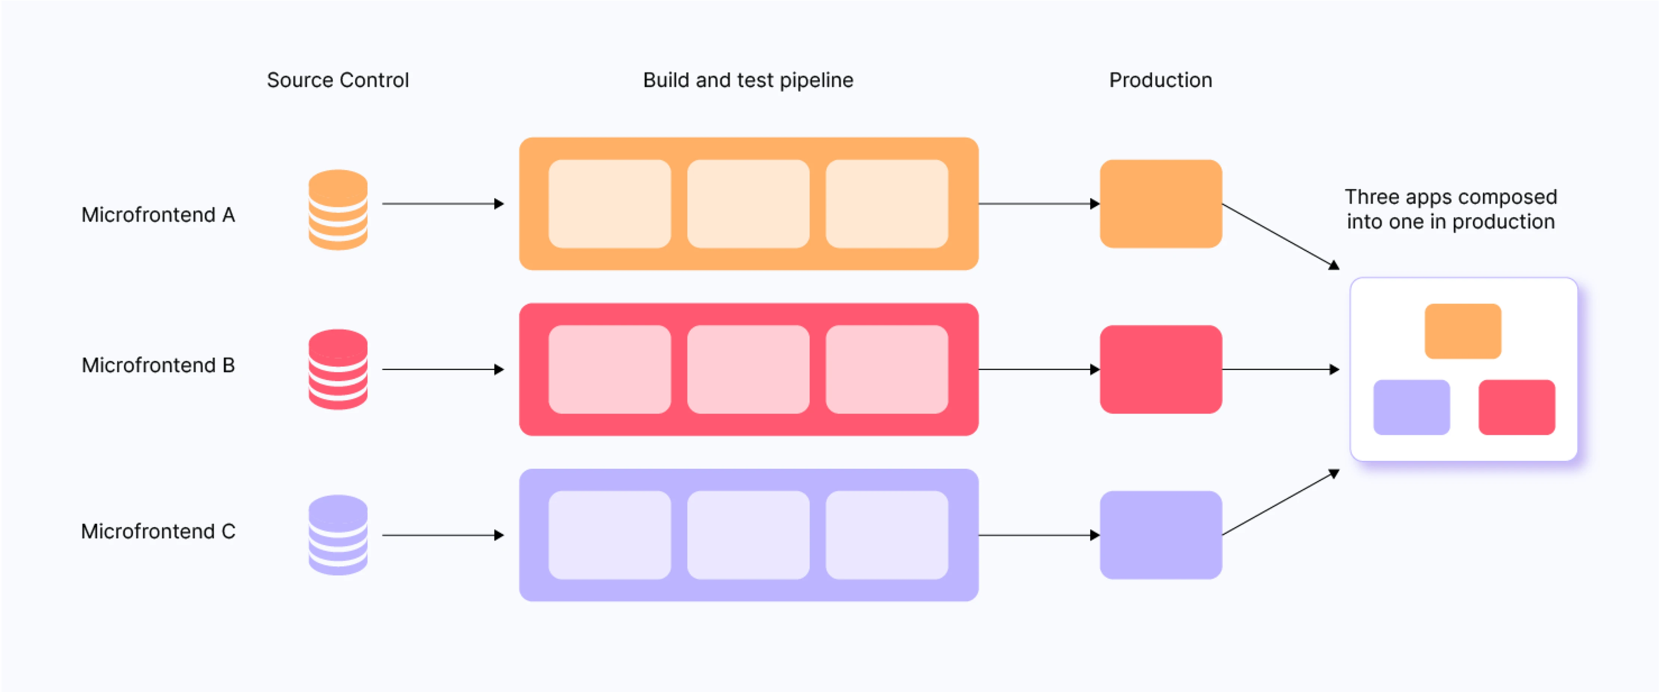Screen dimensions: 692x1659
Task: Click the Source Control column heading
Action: pos(337,80)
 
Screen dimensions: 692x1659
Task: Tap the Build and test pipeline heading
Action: pos(748,80)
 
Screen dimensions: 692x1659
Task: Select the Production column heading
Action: pos(1160,80)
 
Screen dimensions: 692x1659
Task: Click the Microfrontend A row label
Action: pos(158,214)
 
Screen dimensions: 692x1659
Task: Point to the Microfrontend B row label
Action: pos(158,365)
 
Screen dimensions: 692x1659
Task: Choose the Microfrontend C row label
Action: pos(158,531)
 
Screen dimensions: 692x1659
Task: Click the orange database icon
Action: pos(337,210)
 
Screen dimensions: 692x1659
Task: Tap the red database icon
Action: pos(337,369)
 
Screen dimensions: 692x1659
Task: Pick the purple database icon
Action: pos(337,535)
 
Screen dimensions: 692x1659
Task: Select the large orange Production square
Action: pos(1160,204)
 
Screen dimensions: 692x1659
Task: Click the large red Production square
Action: pos(1160,369)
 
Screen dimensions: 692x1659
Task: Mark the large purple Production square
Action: pos(1160,535)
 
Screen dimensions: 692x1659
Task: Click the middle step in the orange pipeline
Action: pos(748,204)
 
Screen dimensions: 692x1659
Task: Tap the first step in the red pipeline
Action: pos(609,369)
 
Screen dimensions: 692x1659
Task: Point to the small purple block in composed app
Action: pos(1411,407)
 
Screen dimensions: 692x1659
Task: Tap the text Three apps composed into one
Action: pos(1450,209)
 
